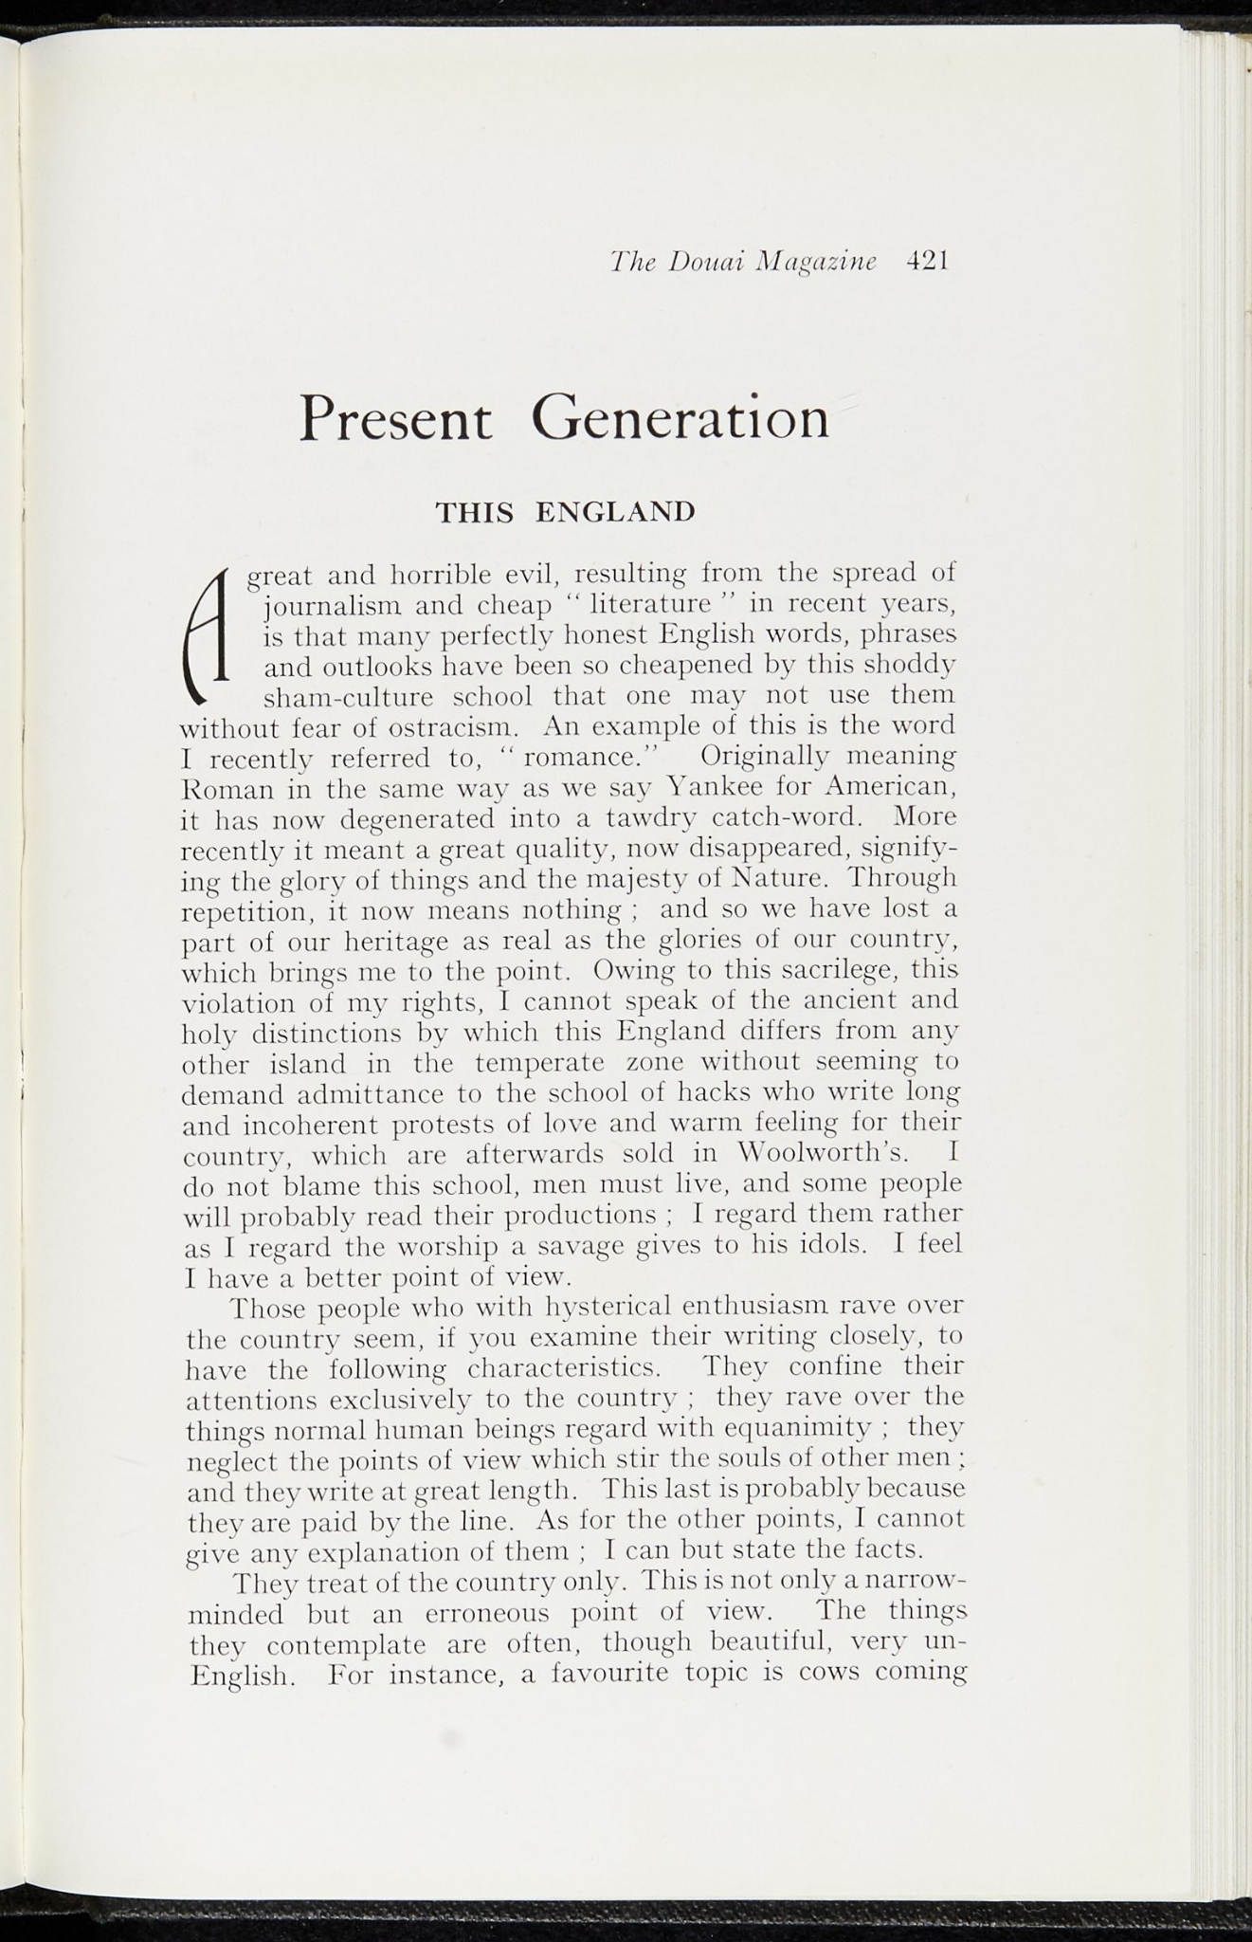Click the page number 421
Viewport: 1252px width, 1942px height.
click(x=927, y=261)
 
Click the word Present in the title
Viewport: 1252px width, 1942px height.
click(x=396, y=419)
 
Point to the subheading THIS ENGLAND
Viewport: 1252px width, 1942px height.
click(x=565, y=512)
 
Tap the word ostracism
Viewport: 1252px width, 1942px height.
click(x=444, y=728)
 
